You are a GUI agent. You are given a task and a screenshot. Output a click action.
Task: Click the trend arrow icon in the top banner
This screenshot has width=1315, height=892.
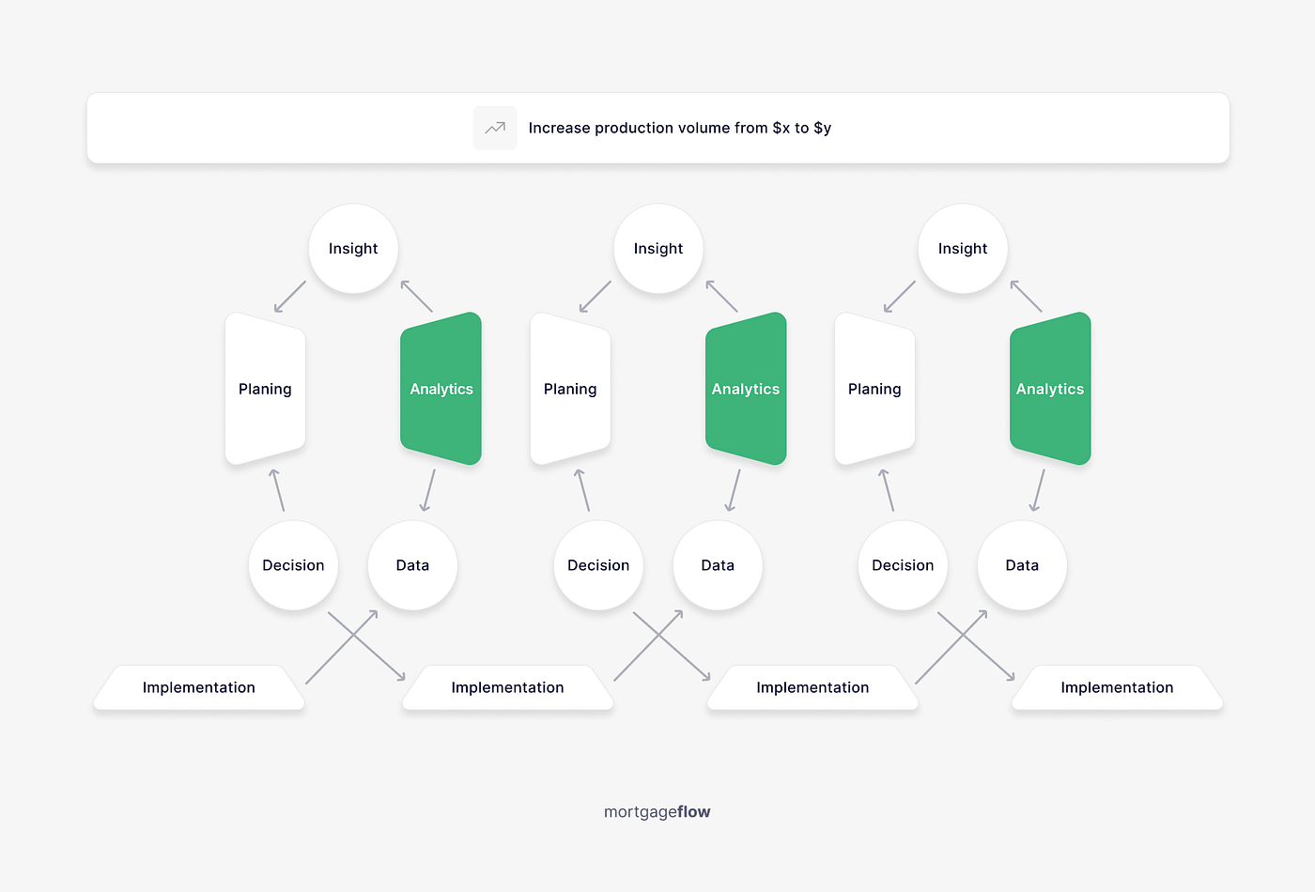pyautogui.click(x=495, y=128)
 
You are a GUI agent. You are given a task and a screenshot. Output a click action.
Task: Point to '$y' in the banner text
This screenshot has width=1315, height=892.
pyautogui.click(x=822, y=128)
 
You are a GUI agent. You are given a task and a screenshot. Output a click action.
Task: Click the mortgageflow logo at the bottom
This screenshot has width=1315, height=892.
pyautogui.click(x=657, y=812)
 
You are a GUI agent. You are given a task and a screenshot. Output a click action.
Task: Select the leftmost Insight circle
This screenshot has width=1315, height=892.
pyautogui.click(x=353, y=249)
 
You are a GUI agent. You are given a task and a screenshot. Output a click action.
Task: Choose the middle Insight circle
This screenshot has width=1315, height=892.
pyautogui.click(x=657, y=249)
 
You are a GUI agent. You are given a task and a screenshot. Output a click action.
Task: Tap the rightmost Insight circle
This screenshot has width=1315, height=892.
pyautogui.click(x=962, y=249)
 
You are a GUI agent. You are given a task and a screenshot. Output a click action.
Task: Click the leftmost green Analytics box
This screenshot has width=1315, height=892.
pyautogui.click(x=441, y=389)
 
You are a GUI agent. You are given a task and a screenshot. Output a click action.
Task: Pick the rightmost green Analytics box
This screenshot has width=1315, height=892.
pyautogui.click(x=1050, y=389)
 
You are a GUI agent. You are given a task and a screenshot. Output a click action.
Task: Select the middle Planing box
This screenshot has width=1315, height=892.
pyautogui.click(x=570, y=389)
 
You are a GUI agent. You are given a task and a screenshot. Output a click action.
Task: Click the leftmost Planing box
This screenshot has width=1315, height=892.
pyautogui.click(x=265, y=389)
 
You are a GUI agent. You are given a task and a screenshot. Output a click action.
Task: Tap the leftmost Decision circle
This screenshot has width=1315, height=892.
pyautogui.click(x=293, y=565)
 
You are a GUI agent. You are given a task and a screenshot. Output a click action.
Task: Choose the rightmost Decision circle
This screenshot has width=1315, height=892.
pyautogui.click(x=903, y=565)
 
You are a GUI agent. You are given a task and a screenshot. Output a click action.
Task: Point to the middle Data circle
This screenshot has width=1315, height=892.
pyautogui.click(x=718, y=565)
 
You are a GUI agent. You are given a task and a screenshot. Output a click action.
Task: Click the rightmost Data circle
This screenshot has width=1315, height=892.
pyautogui.click(x=1022, y=565)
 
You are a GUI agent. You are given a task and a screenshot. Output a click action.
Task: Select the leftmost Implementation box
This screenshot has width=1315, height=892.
pyautogui.click(x=199, y=687)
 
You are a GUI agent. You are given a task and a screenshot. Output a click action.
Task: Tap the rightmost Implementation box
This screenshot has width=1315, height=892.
pyautogui.click(x=1117, y=687)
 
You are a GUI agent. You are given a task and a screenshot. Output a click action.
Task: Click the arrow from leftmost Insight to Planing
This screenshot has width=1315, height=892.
pyautogui.click(x=290, y=297)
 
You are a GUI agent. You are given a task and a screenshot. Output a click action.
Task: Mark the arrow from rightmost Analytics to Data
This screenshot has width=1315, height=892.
pyautogui.click(x=1038, y=490)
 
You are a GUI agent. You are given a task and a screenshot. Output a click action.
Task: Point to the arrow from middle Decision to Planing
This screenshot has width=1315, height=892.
pyautogui.click(x=582, y=490)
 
